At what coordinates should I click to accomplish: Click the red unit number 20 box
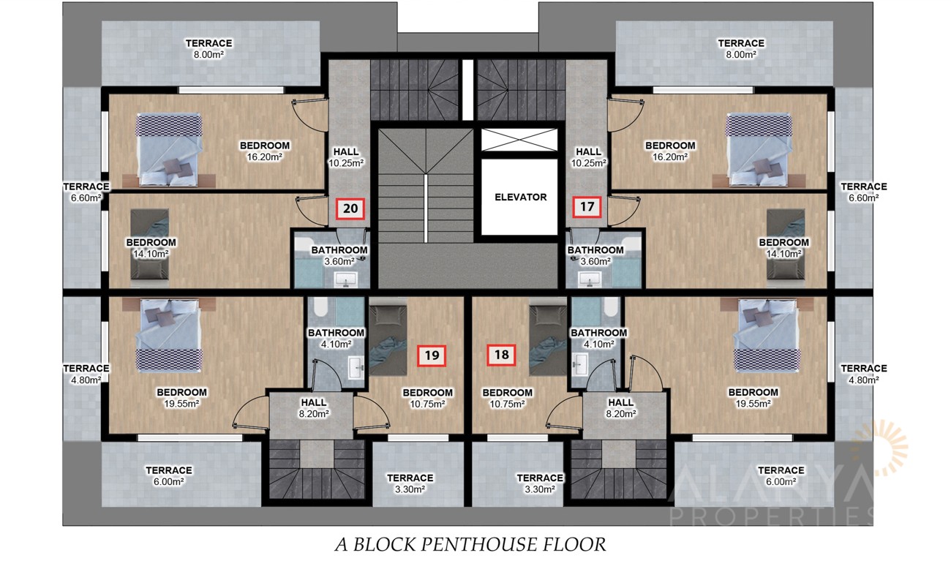[350, 208]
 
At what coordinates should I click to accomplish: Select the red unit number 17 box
[587, 207]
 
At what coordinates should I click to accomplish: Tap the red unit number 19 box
[432, 355]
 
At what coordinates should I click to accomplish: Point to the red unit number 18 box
[501, 355]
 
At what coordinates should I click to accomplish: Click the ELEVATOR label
[521, 197]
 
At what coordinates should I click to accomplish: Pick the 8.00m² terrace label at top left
[208, 49]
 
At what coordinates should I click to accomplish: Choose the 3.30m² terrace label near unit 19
[410, 483]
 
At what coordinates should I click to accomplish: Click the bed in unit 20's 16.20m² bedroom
[169, 150]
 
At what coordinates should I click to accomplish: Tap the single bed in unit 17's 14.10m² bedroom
[786, 244]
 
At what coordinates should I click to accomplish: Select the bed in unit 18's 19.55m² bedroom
[767, 336]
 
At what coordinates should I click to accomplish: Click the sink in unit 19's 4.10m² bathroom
[356, 367]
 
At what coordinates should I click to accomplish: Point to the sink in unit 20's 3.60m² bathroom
[346, 280]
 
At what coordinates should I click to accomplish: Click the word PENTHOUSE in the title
[473, 544]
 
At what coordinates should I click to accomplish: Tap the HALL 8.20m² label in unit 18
[620, 408]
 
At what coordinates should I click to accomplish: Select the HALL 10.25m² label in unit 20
[346, 157]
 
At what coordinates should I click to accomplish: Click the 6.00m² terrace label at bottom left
[168, 475]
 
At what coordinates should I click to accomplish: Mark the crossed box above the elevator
[519, 140]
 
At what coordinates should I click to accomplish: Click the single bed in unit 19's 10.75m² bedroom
[388, 340]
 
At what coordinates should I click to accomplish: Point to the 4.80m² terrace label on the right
[863, 374]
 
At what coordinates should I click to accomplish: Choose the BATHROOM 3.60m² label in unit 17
[595, 255]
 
